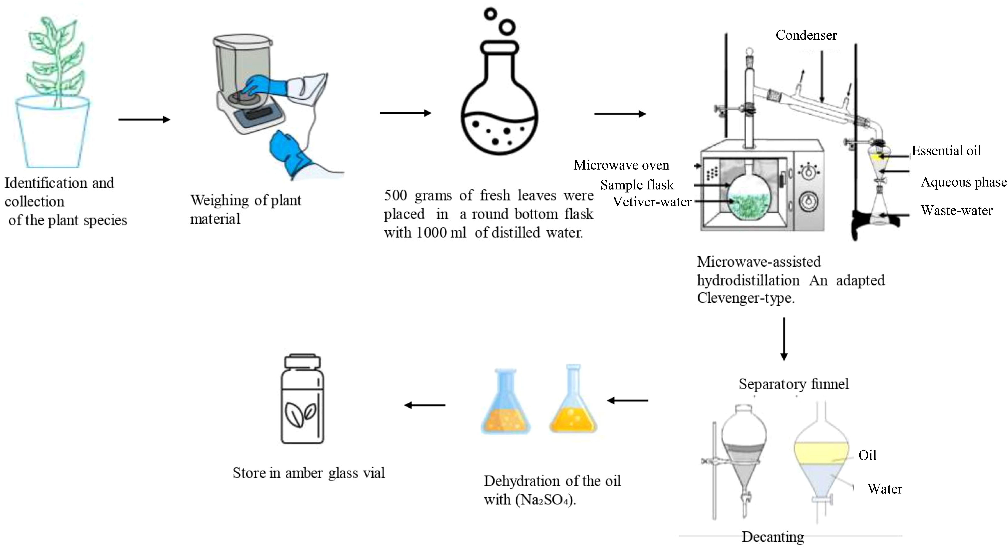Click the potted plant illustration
coord(53,94)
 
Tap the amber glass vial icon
coord(303,399)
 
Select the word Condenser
coord(806,35)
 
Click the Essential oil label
coord(946,151)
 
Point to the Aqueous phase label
coord(963,182)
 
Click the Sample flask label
coord(637,185)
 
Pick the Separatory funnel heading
coord(794,384)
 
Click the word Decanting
coord(773,537)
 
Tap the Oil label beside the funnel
coord(867,455)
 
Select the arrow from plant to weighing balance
coord(144,119)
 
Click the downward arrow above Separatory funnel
coord(784,339)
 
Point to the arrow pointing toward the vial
coord(425,405)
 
